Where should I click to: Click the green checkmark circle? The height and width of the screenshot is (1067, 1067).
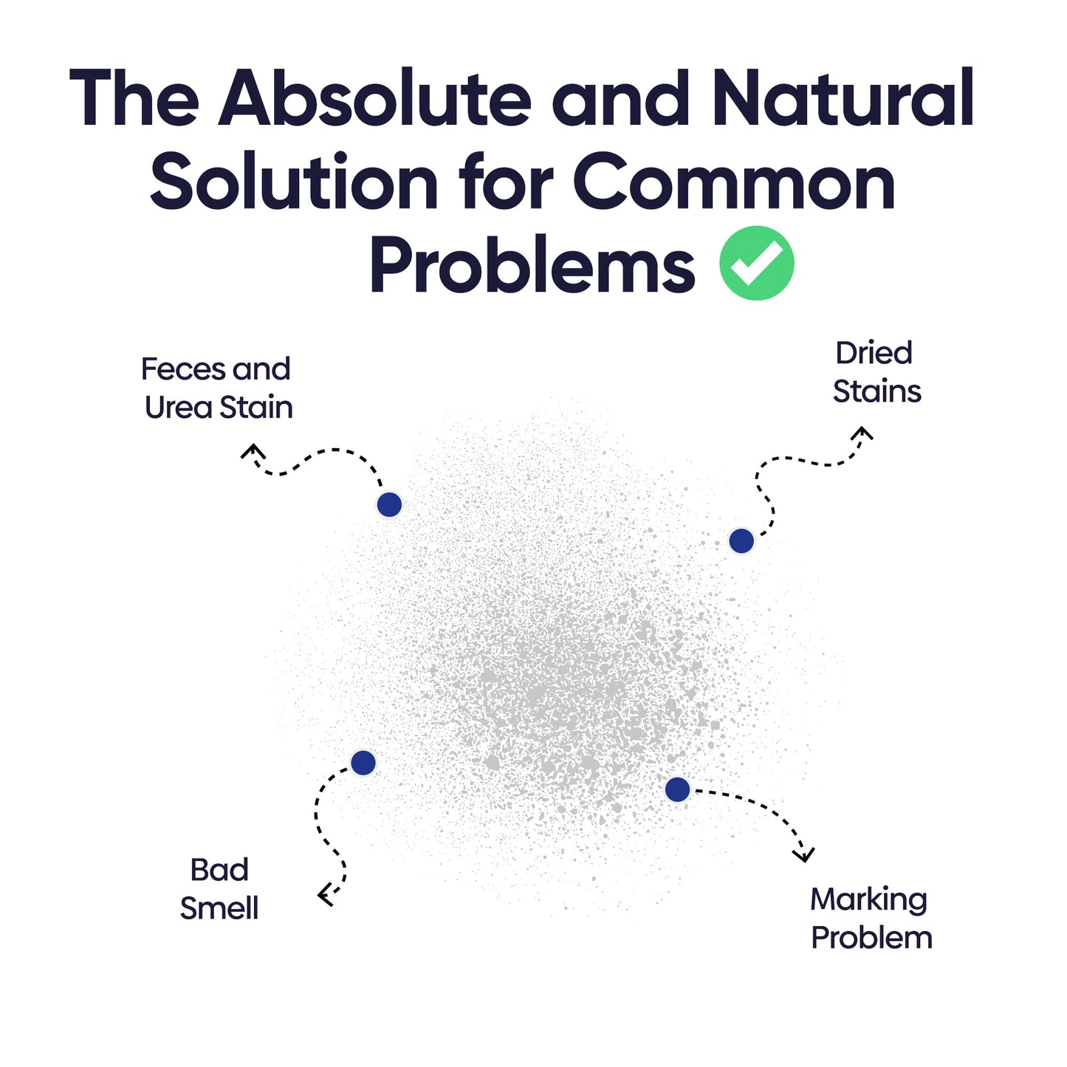click(756, 263)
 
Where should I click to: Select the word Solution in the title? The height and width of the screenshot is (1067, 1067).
click(294, 180)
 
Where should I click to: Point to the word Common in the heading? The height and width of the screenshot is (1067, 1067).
click(734, 180)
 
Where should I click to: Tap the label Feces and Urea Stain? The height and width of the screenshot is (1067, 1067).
click(216, 388)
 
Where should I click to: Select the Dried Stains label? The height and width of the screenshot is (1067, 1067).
click(876, 373)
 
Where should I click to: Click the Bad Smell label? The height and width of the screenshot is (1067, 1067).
click(219, 889)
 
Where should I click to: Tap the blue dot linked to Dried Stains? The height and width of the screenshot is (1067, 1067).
click(741, 541)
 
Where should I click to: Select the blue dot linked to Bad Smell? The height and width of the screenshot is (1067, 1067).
click(363, 763)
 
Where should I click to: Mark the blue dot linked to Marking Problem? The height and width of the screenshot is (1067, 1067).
click(677, 789)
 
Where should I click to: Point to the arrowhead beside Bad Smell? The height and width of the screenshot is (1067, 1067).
click(325, 895)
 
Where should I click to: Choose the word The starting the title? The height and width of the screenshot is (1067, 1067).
click(134, 98)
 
